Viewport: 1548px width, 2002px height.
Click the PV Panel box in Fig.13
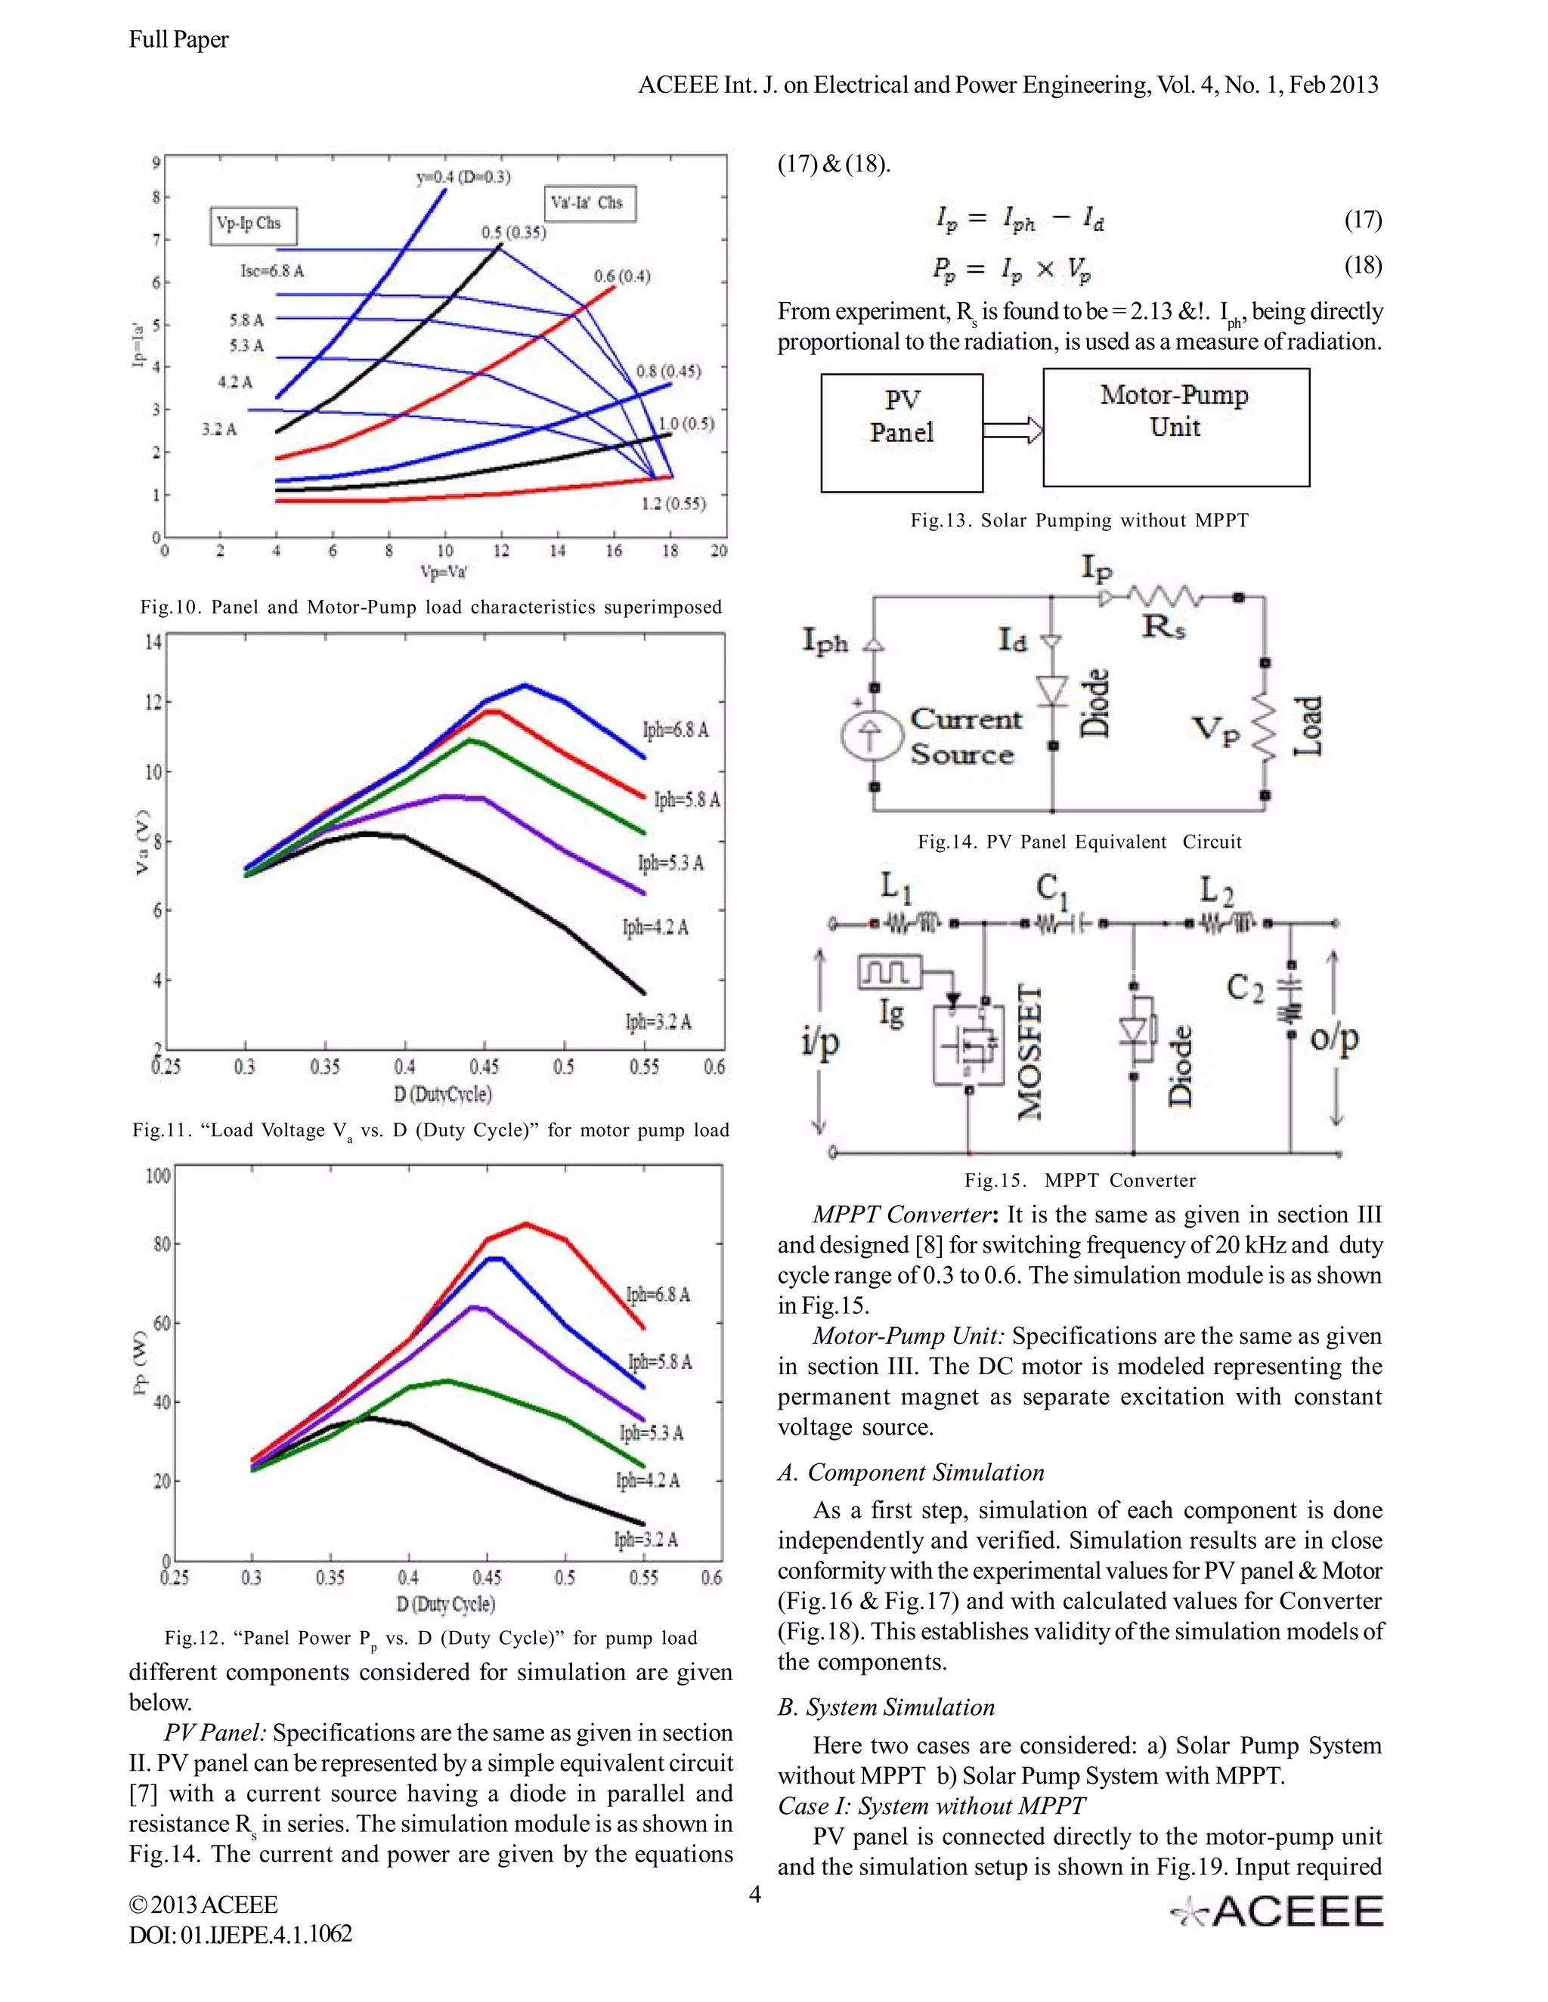[x=902, y=431]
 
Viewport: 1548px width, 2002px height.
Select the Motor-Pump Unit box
[x=1175, y=427]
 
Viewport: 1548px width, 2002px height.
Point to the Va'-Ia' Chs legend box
[x=590, y=202]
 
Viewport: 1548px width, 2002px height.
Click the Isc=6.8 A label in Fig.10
[x=271, y=271]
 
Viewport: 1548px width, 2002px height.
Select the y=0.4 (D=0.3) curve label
[x=463, y=177]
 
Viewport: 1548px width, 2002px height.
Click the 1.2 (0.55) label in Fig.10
[x=673, y=503]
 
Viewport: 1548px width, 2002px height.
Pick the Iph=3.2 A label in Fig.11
[x=658, y=1021]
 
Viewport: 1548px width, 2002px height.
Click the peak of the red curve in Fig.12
[x=526, y=1223]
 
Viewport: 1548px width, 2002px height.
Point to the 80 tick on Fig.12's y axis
[x=160, y=1244]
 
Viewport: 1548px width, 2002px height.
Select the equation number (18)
[x=1363, y=265]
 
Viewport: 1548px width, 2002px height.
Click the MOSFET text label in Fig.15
[x=1031, y=1052]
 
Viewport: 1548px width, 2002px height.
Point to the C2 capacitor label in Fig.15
[x=1246, y=988]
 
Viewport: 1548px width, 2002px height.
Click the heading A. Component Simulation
[x=911, y=1472]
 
